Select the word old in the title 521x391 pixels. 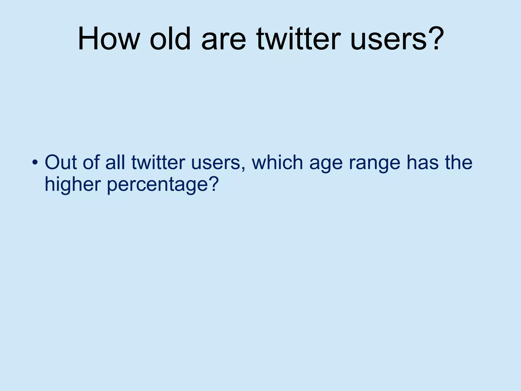click(x=170, y=39)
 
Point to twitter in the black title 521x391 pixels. click(x=299, y=39)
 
